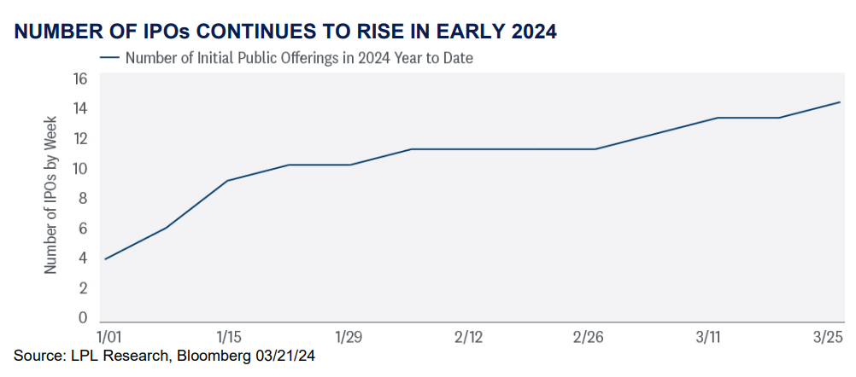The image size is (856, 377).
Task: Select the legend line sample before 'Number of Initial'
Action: (x=109, y=57)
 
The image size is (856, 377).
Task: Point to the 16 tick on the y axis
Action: (x=79, y=79)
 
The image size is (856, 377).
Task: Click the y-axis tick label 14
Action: (x=79, y=109)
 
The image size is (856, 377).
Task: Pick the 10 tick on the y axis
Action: (x=79, y=169)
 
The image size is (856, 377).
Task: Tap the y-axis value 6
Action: (x=83, y=229)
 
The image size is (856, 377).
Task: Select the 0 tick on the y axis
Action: (x=83, y=317)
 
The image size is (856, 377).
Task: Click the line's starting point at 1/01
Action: (x=104, y=258)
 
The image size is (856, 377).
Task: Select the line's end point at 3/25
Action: (x=840, y=101)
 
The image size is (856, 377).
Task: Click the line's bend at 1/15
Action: (x=226, y=180)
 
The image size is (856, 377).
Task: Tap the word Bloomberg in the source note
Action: (x=204, y=357)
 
